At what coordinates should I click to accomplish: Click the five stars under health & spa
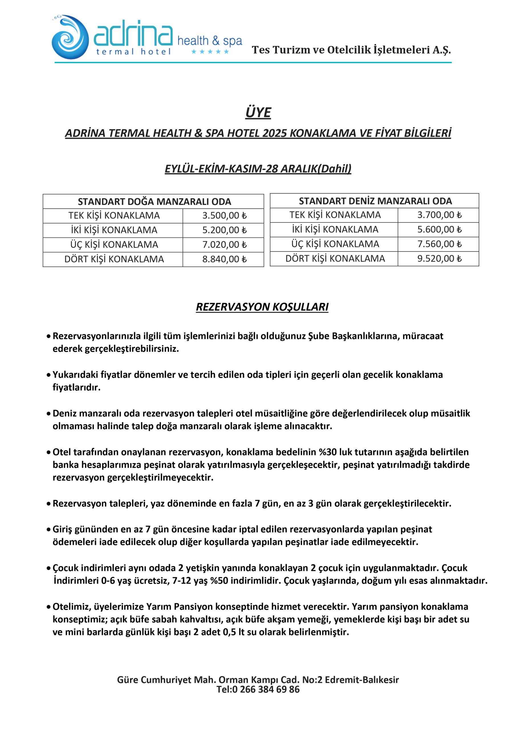pos(210,52)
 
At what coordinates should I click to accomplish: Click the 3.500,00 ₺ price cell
pos(224,216)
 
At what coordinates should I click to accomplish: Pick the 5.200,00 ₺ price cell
pos(224,230)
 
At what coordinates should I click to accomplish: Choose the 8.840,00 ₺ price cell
pos(224,259)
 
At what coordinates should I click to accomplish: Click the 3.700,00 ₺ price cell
pos(439,215)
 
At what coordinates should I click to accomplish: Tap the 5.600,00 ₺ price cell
pos(439,230)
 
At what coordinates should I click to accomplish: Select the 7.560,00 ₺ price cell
pos(439,244)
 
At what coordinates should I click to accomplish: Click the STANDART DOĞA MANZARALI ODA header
pos(154,202)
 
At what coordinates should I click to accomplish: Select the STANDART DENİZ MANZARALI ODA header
pos(375,201)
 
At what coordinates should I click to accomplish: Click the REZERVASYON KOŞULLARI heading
pos(262,307)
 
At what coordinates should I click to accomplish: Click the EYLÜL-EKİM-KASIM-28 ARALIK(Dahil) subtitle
pos(258,169)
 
